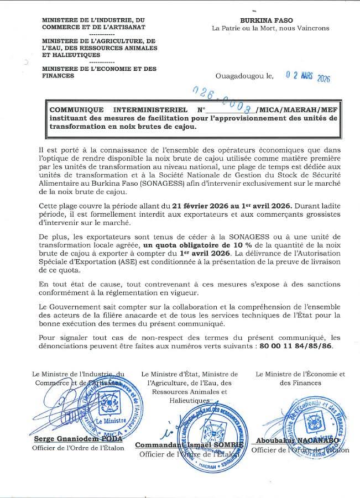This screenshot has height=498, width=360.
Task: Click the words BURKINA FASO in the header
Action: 270,19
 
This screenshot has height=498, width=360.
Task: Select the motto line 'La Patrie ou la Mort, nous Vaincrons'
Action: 270,28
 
